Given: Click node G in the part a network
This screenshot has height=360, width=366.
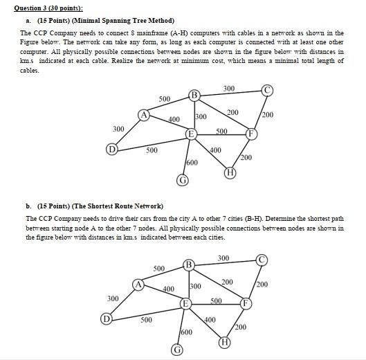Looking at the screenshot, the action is (183, 181).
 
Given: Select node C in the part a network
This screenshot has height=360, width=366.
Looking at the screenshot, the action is (267, 90).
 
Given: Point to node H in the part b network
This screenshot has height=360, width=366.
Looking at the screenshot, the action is (224, 343).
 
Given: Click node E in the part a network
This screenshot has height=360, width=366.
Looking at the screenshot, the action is (191, 133).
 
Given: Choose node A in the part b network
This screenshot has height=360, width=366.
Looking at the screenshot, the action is (138, 285).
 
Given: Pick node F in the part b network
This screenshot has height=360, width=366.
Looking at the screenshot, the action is (244, 304).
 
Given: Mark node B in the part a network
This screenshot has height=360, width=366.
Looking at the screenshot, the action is (194, 95).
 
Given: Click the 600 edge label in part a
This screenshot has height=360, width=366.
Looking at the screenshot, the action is (192, 163).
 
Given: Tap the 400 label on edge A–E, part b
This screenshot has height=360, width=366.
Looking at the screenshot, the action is (168, 288).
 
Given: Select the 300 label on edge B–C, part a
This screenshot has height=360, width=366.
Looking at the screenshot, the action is (229, 88).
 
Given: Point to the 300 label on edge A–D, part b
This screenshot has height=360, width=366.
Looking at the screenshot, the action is (113, 298).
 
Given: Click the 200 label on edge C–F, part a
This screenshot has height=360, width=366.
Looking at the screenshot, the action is (269, 114).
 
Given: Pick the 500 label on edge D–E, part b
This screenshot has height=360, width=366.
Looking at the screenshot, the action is (147, 320).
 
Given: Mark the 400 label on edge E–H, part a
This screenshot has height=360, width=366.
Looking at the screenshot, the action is (215, 150).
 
